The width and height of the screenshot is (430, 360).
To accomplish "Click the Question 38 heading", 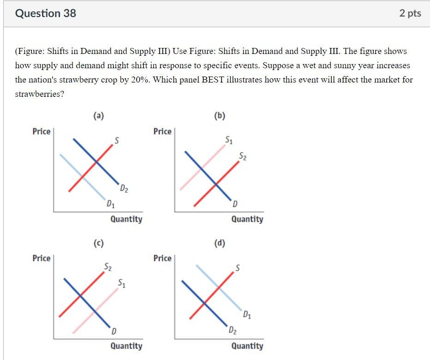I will click(46, 13).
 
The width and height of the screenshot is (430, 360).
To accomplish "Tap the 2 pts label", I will click(410, 13).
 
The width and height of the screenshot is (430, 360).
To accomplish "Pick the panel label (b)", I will click(220, 116).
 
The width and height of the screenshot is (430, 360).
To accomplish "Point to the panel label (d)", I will click(220, 242).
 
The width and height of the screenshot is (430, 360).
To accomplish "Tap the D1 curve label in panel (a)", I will click(111, 203).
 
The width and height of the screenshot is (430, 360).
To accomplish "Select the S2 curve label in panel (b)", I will click(243, 157).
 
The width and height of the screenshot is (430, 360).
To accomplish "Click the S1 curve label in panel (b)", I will click(229, 140).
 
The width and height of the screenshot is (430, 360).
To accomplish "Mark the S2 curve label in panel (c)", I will click(107, 266).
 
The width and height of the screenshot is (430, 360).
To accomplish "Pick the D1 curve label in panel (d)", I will click(248, 315).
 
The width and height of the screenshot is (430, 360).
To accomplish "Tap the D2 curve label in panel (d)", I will click(233, 330).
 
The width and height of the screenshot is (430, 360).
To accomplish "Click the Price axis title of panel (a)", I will click(42, 131).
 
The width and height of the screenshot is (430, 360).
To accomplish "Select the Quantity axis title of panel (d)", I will click(247, 346).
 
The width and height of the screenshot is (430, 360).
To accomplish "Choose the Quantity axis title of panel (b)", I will click(247, 219).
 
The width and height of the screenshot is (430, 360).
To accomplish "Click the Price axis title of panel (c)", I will click(42, 258).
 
